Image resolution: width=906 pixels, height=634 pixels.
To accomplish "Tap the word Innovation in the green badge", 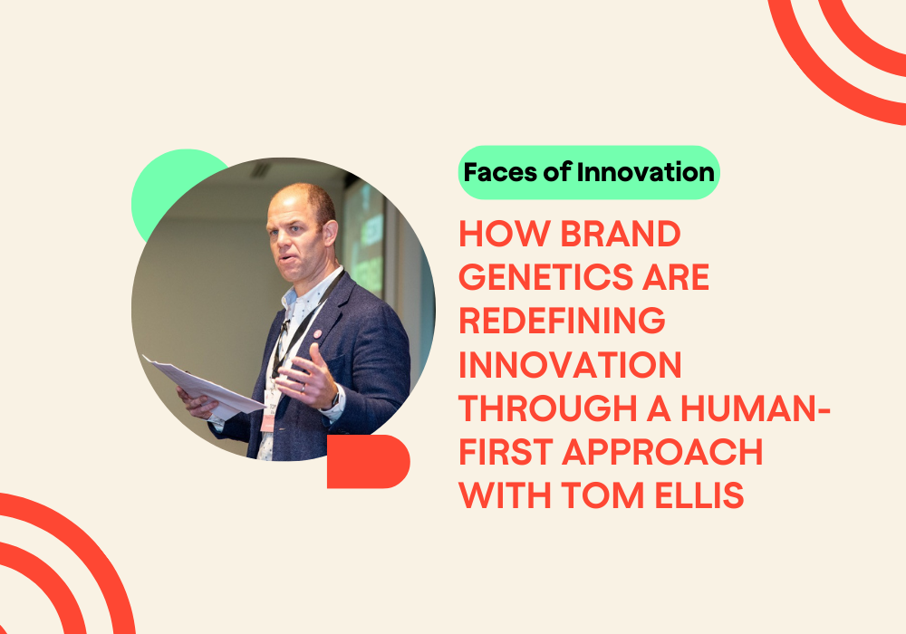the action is coord(645,172).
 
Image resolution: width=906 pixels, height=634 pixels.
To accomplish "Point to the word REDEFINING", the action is coord(563,321).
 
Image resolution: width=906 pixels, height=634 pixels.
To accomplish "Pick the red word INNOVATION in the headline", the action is coord(570,365).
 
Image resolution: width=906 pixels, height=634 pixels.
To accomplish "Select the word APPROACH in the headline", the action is coord(662,452).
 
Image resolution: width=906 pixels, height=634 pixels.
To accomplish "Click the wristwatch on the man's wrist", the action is coord(334,398).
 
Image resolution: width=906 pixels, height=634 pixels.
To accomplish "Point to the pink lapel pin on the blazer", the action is coord(317,333).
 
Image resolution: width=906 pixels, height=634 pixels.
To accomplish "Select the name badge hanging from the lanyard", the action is coord(269,410).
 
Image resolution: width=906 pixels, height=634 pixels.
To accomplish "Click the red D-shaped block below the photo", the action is coord(368,461).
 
